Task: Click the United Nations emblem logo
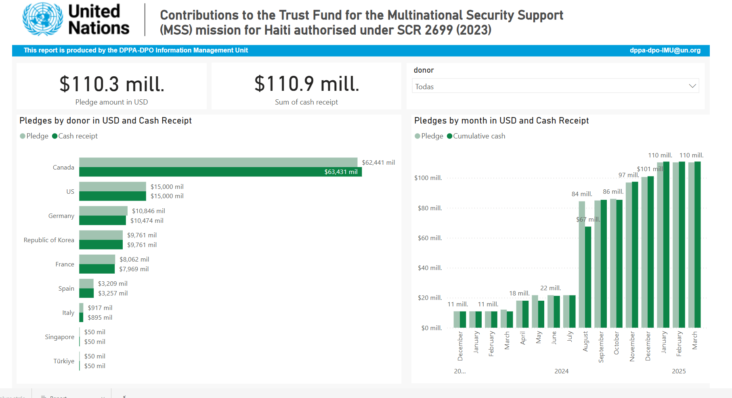(42, 19)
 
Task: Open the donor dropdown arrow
(692, 86)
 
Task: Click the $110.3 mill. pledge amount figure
(112, 84)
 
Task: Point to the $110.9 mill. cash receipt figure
(306, 84)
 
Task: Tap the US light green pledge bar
(112, 186)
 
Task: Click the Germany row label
(61, 216)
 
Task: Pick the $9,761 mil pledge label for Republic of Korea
(142, 235)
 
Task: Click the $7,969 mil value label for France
(134, 269)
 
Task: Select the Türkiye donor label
(64, 361)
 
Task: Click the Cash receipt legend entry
(75, 136)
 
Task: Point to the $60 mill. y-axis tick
(430, 238)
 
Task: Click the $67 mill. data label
(588, 220)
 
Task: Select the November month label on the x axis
(632, 346)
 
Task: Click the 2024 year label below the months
(561, 371)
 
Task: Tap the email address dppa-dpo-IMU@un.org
(665, 50)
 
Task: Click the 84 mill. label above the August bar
(581, 194)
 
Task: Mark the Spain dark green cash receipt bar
(86, 293)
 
